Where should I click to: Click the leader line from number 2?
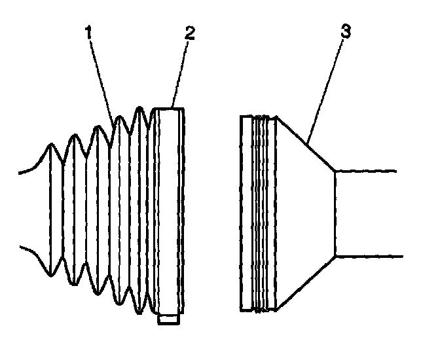coord(179,73)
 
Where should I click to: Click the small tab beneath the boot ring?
coord(168,321)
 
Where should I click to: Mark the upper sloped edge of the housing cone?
coord(306,144)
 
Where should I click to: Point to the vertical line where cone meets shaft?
coord(335,213)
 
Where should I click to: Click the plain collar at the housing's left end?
coord(247,212)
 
